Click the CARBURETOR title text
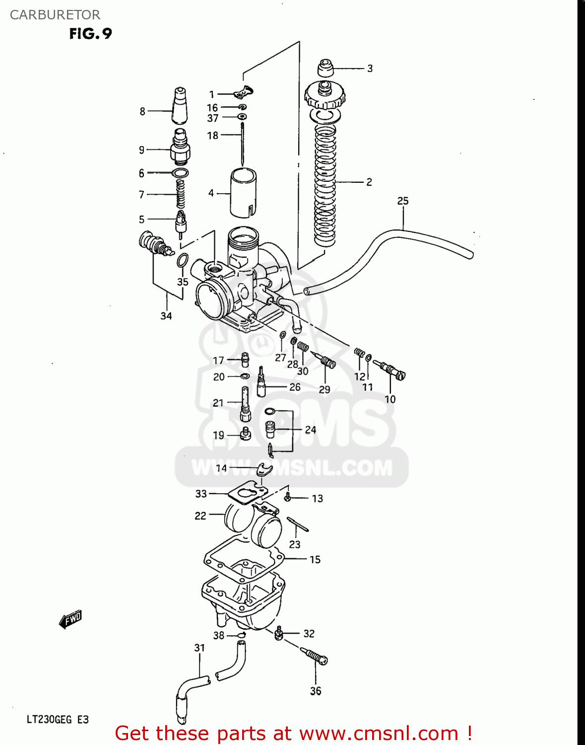click(x=55, y=15)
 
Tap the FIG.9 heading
click(x=90, y=34)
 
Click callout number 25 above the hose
click(x=402, y=201)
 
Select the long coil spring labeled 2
click(x=325, y=184)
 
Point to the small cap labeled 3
click(x=325, y=68)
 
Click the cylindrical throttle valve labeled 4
click(x=243, y=193)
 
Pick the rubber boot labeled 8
click(x=180, y=106)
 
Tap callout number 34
click(x=166, y=316)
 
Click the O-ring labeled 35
click(x=183, y=260)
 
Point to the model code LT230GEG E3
click(x=58, y=720)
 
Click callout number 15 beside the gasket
click(x=315, y=560)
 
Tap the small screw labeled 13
click(x=287, y=497)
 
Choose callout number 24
click(x=311, y=430)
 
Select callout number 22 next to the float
click(x=200, y=516)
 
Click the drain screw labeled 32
click(x=279, y=633)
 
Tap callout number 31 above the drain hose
click(x=199, y=648)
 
